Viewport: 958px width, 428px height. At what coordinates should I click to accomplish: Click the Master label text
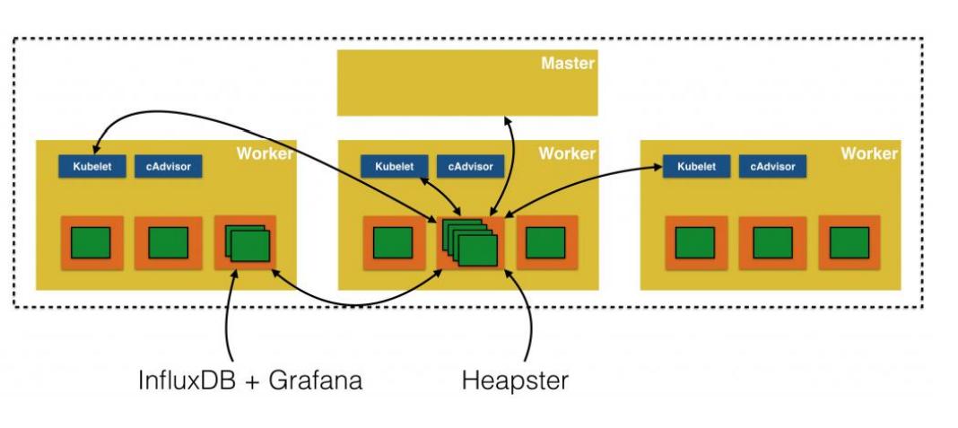(x=568, y=64)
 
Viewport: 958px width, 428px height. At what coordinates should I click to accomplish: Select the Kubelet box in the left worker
(x=92, y=167)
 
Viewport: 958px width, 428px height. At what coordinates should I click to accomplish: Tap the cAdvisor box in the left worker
(x=169, y=167)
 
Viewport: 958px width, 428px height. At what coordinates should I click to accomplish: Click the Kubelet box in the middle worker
(x=394, y=167)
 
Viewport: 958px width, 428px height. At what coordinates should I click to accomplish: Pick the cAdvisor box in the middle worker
(x=470, y=167)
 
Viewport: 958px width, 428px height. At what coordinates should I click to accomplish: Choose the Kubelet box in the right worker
(x=696, y=167)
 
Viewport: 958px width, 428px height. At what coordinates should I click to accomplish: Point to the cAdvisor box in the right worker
(x=772, y=167)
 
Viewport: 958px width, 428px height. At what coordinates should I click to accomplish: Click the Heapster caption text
(x=514, y=380)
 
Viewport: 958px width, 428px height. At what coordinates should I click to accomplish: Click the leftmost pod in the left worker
(x=91, y=242)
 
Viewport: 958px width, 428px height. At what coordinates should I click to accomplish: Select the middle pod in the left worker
(x=168, y=242)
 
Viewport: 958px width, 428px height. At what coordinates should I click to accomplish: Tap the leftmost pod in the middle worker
(x=393, y=242)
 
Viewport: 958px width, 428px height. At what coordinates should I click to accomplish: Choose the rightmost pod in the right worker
(x=849, y=242)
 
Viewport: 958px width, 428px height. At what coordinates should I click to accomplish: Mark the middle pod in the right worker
(x=772, y=242)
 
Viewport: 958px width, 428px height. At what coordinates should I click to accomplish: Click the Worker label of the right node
(x=868, y=154)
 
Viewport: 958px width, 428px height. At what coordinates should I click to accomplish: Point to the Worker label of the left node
(x=265, y=154)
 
